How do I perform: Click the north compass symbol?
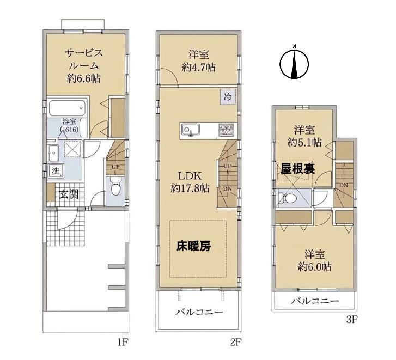294,63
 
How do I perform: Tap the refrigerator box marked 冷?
228,97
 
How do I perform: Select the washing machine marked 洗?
56,171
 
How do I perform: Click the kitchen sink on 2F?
190,131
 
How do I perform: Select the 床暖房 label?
193,246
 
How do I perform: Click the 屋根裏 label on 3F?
298,169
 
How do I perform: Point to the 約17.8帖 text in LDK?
190,188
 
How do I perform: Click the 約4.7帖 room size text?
198,68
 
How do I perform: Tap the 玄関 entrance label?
69,194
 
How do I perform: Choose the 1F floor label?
123,343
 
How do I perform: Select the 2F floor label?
236,343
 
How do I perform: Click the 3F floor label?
352,320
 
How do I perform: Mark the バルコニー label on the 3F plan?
315,301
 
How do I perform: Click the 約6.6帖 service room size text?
84,78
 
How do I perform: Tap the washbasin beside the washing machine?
53,153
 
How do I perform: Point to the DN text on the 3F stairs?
344,185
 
